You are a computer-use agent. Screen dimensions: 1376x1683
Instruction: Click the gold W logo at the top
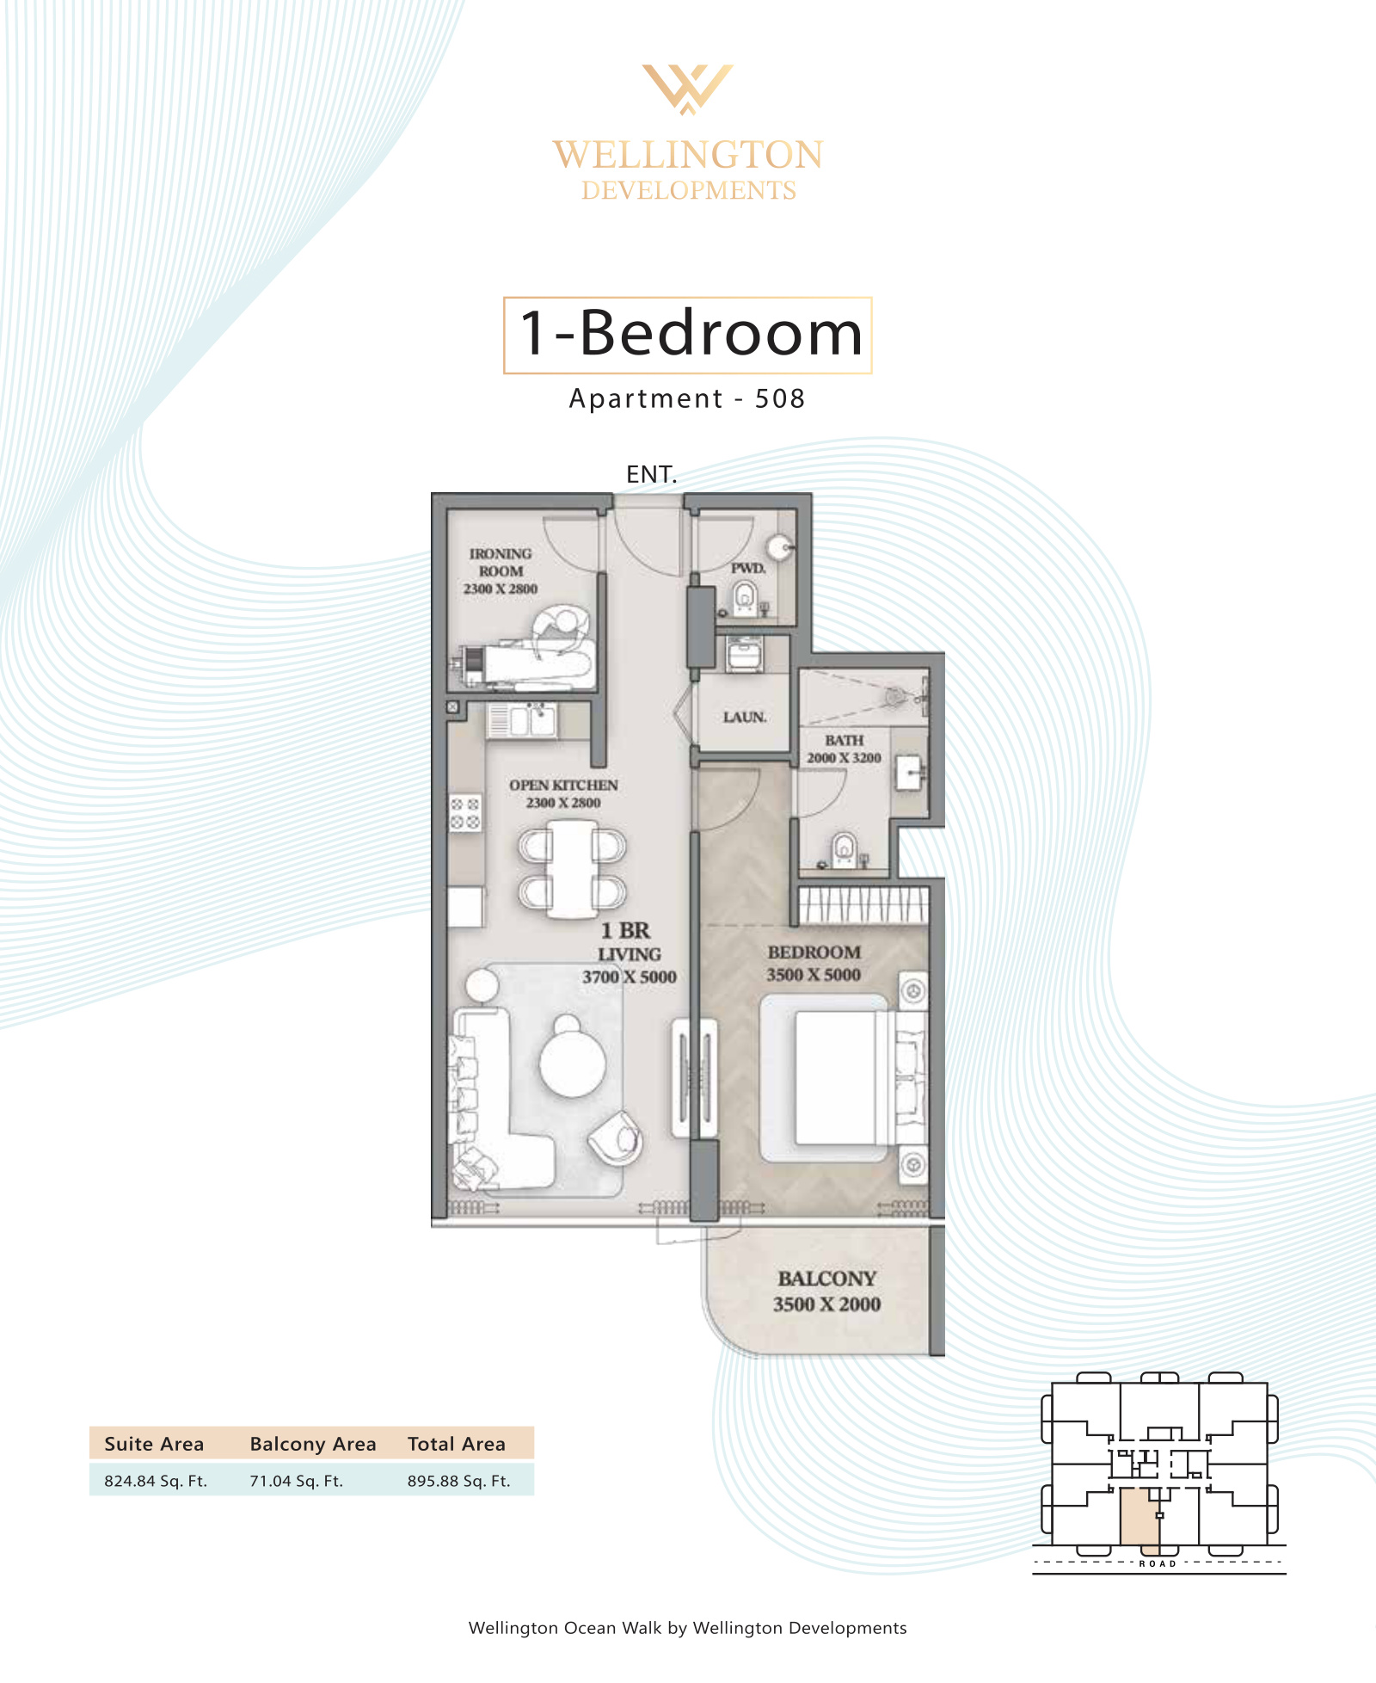click(x=688, y=89)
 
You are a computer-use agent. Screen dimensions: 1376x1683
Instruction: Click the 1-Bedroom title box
click(x=688, y=335)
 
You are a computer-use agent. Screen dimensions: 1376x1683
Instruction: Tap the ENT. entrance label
click(x=652, y=474)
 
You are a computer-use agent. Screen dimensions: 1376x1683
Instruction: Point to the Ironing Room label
click(x=501, y=571)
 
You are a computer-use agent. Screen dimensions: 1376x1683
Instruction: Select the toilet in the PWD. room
click(x=745, y=597)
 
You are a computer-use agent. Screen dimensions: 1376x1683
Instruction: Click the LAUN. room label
click(x=745, y=717)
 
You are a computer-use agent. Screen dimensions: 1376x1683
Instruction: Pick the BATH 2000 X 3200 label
click(x=844, y=749)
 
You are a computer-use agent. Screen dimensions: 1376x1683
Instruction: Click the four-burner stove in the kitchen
click(x=465, y=813)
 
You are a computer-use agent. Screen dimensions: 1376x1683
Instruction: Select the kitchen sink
click(x=522, y=720)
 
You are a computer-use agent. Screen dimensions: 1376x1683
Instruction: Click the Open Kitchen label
click(x=563, y=793)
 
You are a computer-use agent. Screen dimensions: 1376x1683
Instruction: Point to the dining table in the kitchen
click(x=572, y=869)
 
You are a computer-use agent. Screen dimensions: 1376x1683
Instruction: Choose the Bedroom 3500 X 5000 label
click(x=814, y=963)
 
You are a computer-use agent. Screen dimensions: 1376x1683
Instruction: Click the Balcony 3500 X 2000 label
click(x=826, y=1291)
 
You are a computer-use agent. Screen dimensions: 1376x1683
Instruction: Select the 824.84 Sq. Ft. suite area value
click(x=156, y=1481)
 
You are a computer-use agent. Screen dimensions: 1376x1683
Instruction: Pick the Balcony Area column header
click(x=313, y=1444)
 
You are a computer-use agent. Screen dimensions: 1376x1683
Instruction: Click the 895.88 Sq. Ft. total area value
click(x=459, y=1481)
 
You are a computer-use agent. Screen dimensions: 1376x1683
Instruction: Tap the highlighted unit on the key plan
click(x=1139, y=1520)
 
